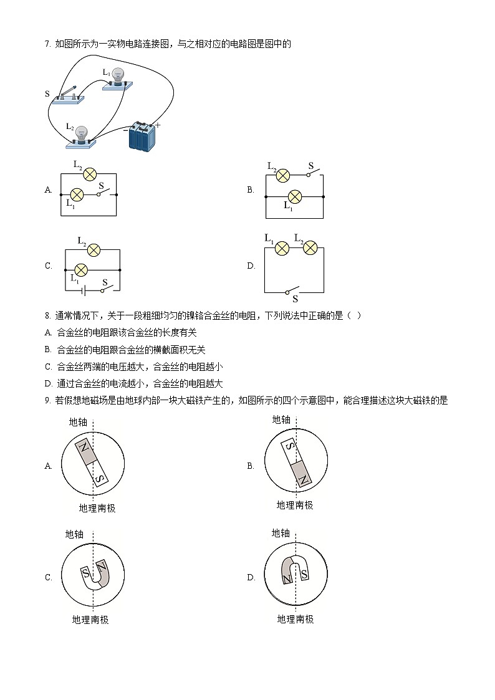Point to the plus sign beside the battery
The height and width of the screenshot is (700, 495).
(x=158, y=125)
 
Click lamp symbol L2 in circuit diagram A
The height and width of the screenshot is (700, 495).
(x=89, y=174)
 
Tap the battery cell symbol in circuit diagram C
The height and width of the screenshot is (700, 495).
(x=84, y=289)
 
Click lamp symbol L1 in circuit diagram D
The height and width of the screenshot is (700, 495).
(x=282, y=248)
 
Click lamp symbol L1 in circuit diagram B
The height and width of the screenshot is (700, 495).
(x=294, y=197)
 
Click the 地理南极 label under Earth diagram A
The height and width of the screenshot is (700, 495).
(x=97, y=508)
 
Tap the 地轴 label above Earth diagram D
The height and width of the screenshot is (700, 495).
(x=281, y=533)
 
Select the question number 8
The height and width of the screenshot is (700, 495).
(x=47, y=315)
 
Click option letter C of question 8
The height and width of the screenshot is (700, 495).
(x=49, y=367)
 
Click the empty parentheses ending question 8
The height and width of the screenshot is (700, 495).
(x=353, y=315)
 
